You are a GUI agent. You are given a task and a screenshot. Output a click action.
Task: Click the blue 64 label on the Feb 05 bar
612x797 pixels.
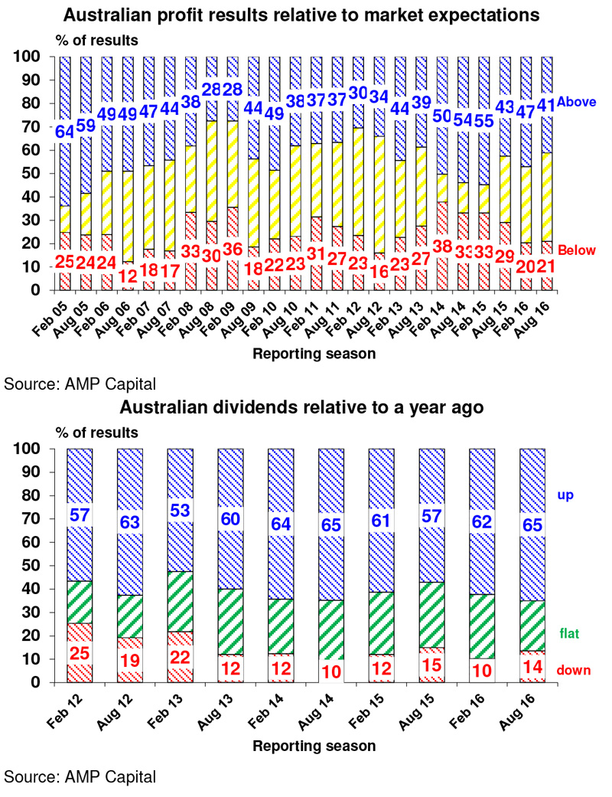[x=65, y=132]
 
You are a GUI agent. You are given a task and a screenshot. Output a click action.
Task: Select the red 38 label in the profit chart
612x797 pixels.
[x=442, y=247]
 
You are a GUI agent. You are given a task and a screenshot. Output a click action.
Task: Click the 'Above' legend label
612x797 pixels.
[x=576, y=102]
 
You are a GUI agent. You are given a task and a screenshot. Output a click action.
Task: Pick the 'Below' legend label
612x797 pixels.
[x=577, y=250]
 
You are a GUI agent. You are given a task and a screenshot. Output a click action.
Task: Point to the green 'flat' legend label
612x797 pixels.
[x=569, y=633]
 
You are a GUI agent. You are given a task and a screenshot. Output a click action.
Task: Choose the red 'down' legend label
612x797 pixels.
[x=574, y=671]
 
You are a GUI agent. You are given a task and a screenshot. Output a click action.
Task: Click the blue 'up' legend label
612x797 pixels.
[x=565, y=495]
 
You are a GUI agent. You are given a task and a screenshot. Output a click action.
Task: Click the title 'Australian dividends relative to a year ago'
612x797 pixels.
[x=301, y=407]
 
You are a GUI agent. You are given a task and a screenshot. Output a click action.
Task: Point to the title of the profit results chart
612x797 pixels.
[x=301, y=15]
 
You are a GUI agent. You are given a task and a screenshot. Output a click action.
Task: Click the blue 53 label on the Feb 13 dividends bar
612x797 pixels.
[x=181, y=511]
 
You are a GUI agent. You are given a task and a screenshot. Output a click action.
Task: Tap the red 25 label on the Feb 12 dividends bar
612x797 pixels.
[x=80, y=653]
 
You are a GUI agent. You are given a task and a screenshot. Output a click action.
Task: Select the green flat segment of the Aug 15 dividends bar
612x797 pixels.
[x=431, y=615]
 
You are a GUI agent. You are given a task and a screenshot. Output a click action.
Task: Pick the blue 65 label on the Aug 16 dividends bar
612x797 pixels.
[x=532, y=524]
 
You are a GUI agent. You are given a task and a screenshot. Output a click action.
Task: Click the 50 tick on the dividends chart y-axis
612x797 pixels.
[x=31, y=566]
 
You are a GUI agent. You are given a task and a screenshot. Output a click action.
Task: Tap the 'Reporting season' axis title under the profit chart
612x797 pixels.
[x=314, y=354]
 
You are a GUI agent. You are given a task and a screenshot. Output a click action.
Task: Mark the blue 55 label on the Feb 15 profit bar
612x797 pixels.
[x=484, y=120]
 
